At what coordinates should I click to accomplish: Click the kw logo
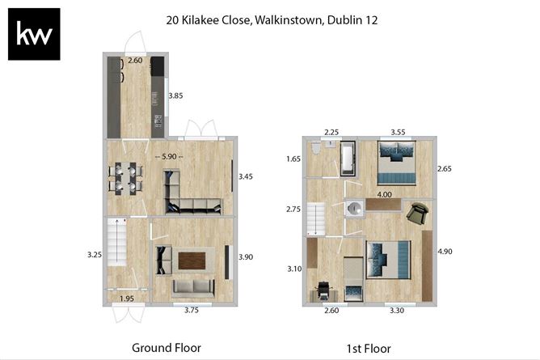34,34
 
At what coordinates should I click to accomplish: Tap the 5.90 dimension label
169,156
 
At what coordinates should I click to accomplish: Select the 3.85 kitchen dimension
175,95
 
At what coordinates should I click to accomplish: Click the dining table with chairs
125,179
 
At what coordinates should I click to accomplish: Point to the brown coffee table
192,260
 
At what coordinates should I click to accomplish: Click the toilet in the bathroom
315,148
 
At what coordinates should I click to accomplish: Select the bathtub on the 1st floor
348,159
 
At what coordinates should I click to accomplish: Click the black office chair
323,291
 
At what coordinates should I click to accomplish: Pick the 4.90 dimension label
445,252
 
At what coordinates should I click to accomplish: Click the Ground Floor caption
167,348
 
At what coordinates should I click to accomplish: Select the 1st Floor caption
369,349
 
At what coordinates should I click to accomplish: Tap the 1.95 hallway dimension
127,299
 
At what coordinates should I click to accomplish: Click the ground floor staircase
116,242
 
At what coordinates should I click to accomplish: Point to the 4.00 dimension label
384,195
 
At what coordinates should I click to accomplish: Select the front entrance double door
129,313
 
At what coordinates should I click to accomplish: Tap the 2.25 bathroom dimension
331,132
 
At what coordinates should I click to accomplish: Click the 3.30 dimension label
397,311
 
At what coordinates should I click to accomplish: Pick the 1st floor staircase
316,219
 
